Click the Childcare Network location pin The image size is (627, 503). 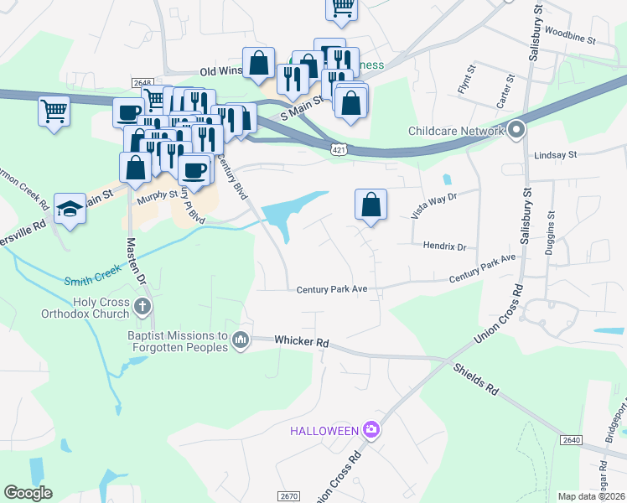tap(516, 130)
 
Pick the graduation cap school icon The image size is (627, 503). tap(70, 210)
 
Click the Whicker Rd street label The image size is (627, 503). tap(302, 342)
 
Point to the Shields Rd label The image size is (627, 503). tap(476, 378)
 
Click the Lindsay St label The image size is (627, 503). tap(556, 155)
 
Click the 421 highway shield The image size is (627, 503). tap(334, 148)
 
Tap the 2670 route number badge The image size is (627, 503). tap(288, 496)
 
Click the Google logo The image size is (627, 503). tap(28, 493)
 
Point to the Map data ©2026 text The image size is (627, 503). tap(590, 496)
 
